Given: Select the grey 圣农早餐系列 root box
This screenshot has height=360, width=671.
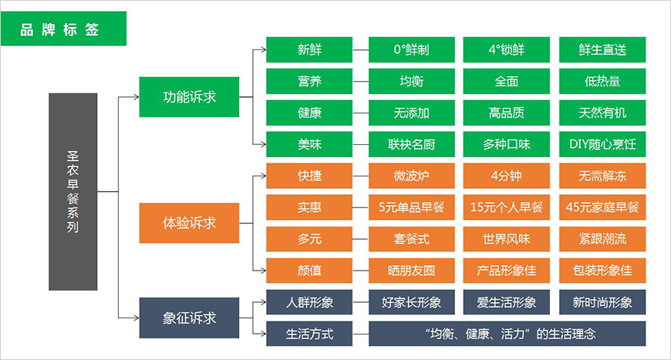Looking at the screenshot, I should tap(72, 192).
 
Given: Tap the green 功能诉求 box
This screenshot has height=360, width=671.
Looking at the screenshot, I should tap(189, 97).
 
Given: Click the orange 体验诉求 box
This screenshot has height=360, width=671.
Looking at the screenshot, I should tap(189, 224).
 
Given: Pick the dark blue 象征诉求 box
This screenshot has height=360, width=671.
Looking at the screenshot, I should tap(189, 318).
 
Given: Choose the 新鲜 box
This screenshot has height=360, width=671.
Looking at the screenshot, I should tap(309, 49).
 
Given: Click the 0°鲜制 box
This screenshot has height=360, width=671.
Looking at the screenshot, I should tap(411, 49).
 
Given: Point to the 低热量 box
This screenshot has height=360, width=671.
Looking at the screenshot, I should tap(602, 81).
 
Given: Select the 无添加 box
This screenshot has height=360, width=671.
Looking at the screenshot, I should tap(411, 113).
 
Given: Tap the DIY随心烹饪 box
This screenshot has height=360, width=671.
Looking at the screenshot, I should tap(602, 144).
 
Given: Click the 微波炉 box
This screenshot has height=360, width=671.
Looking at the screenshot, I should tap(411, 176).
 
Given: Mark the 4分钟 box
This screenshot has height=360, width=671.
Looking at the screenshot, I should tap(507, 176).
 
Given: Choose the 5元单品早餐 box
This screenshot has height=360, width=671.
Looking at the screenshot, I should tap(411, 207).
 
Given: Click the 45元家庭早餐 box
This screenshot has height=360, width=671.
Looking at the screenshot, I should tap(602, 207).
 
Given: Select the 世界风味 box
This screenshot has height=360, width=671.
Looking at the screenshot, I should tap(507, 239).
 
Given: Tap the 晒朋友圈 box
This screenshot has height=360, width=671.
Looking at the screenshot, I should tap(411, 271).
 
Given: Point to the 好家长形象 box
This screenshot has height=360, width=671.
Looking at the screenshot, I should tap(411, 301).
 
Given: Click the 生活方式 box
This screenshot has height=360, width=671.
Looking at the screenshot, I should tap(309, 334).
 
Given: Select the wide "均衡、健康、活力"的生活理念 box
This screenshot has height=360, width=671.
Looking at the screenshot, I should tap(507, 334).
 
